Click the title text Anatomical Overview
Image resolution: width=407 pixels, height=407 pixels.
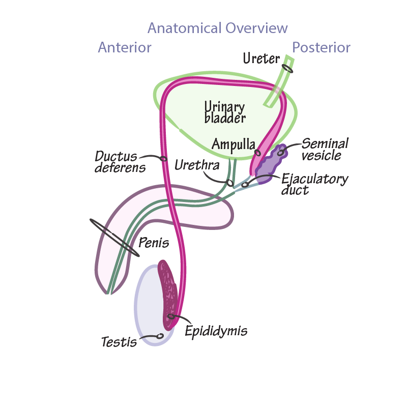pyautogui.click(x=217, y=28)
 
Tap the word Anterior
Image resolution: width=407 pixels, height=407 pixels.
pyautogui.click(x=125, y=47)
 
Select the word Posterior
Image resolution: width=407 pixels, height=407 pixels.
pyautogui.click(x=321, y=48)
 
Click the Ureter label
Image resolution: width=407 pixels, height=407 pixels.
pyautogui.click(x=261, y=59)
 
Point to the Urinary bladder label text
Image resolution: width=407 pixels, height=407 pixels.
pyautogui.click(x=224, y=112)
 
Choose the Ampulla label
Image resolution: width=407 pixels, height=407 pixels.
pyautogui.click(x=233, y=144)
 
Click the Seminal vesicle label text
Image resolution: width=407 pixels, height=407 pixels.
pyautogui.click(x=325, y=149)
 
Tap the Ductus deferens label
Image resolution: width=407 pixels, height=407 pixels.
pyautogui.click(x=120, y=161)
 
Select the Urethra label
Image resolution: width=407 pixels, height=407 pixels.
pyautogui.click(x=197, y=165)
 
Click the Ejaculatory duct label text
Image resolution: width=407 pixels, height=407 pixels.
pyautogui.click(x=314, y=184)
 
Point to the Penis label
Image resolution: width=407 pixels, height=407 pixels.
pyautogui.click(x=154, y=243)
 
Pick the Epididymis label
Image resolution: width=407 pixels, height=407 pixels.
pyautogui.click(x=216, y=331)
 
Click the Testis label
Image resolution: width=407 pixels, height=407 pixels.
pyautogui.click(x=119, y=342)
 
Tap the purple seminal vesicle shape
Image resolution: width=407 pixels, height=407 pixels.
pyautogui.click(x=269, y=165)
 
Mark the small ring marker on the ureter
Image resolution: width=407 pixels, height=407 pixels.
pyautogui.click(x=287, y=68)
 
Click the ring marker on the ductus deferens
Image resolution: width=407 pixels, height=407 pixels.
pyautogui.click(x=164, y=159)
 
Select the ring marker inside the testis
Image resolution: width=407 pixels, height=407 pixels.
pyautogui.click(x=160, y=336)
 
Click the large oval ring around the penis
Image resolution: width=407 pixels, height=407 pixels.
pyautogui.click(x=114, y=238)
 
